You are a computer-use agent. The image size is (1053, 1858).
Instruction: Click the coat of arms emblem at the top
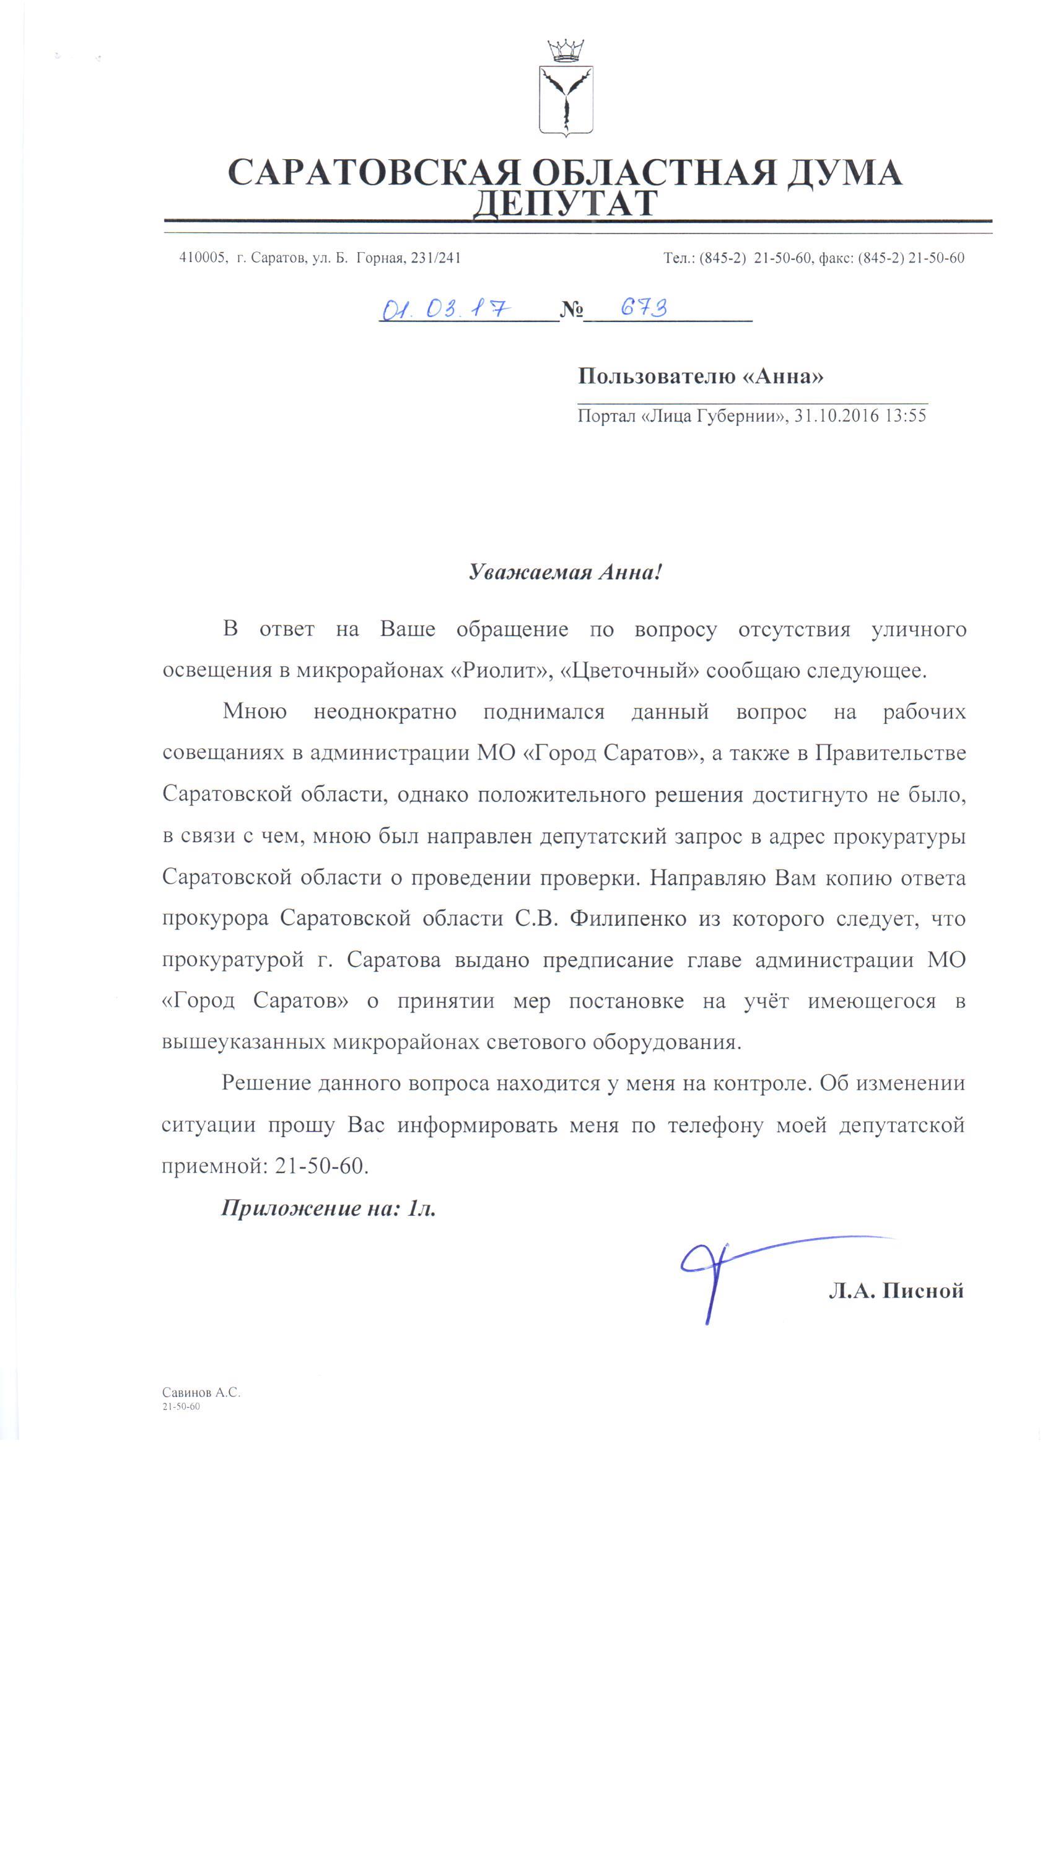coord(566,100)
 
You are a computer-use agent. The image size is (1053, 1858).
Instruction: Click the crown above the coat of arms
coord(566,51)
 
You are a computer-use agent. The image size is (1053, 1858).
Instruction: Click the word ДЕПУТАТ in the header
coord(566,204)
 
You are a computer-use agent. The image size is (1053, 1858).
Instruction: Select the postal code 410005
coord(202,258)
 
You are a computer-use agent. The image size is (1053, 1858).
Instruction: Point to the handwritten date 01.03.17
coord(445,310)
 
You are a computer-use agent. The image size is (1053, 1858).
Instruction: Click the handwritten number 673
coord(644,308)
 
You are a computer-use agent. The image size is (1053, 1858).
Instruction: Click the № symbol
coord(571,310)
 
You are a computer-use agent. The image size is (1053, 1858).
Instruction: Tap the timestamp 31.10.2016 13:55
coord(860,416)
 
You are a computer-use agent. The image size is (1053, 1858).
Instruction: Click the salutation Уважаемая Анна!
coord(565,572)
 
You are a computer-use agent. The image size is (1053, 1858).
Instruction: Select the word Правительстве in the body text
coord(890,752)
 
